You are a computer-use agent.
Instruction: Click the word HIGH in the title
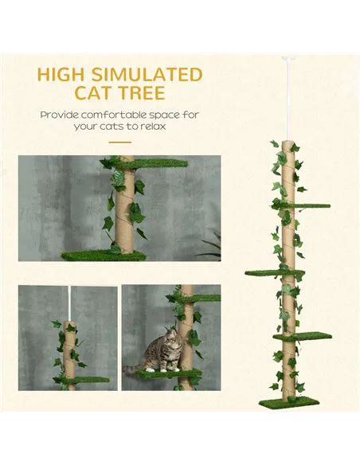(x=64, y=75)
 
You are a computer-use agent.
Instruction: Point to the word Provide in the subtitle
(x=62, y=115)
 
